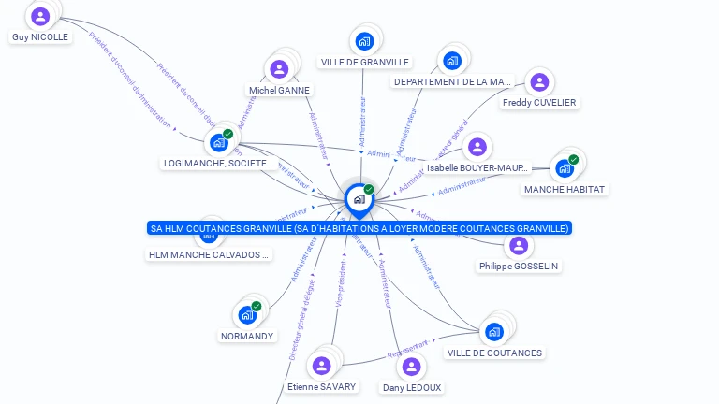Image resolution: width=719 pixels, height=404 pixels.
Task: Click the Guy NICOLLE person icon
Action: [x=40, y=16]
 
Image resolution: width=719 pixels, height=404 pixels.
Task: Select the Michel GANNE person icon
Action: [x=279, y=68]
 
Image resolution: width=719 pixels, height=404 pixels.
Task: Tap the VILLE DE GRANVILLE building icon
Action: [x=364, y=41]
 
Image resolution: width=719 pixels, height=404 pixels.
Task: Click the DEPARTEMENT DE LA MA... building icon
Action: [x=452, y=61]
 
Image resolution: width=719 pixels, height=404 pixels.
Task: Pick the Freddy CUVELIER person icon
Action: [x=538, y=81]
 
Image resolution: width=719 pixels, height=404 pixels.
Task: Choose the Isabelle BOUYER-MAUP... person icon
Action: [x=477, y=147]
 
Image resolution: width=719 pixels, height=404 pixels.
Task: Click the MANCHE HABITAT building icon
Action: [x=564, y=168]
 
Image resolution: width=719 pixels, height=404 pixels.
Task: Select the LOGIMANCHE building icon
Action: [x=219, y=142]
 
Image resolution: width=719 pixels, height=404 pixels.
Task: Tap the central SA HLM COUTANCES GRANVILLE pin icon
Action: [x=359, y=198]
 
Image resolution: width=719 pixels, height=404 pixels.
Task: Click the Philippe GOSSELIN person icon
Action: [x=519, y=245]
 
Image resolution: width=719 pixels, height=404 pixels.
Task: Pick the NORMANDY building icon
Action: [x=247, y=314]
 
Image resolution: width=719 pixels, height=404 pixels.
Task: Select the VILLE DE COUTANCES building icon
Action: [x=493, y=331]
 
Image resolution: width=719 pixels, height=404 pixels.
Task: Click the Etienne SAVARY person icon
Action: [x=322, y=365]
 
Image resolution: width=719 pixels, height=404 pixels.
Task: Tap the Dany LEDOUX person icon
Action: [x=412, y=366]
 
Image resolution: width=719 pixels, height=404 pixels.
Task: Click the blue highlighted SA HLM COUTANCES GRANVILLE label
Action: [x=359, y=228]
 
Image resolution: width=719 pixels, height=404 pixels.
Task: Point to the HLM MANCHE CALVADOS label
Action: [x=210, y=254]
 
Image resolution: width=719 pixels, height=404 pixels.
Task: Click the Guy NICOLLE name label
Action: [x=40, y=37]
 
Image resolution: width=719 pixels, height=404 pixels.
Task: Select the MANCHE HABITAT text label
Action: [x=565, y=189]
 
